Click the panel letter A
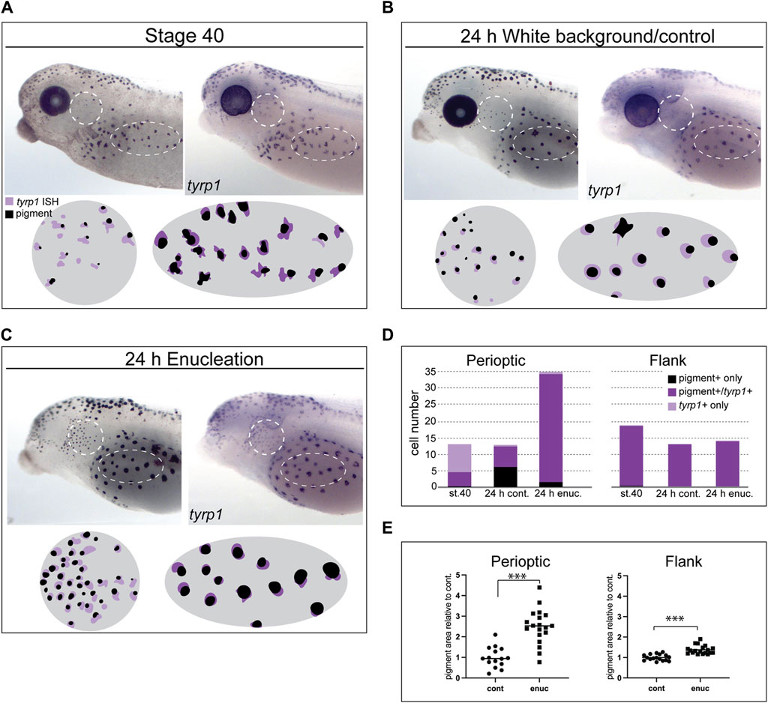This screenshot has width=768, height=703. coord(7,8)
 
